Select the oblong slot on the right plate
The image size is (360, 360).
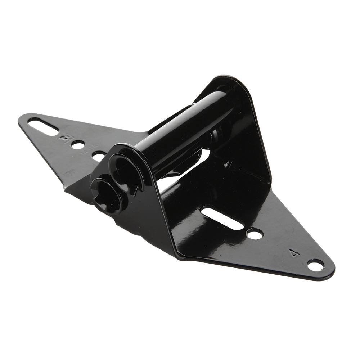[x=221, y=217]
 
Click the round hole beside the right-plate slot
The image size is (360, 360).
[x=255, y=235]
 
